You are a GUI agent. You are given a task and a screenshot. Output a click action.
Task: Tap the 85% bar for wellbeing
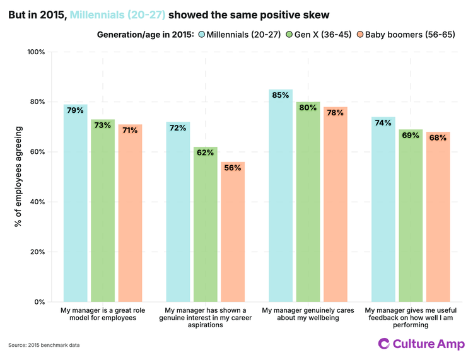tap(281, 195)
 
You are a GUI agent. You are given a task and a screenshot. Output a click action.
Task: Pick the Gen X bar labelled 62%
tap(206, 224)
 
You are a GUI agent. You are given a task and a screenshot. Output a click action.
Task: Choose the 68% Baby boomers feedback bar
tap(438, 217)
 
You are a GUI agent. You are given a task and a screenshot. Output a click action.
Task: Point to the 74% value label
tap(383, 123)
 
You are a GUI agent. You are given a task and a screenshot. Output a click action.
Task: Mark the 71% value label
tap(130, 131)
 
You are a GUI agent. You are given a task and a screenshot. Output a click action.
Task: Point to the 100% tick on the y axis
tap(36, 52)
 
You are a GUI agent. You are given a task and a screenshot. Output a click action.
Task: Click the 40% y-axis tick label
tap(37, 202)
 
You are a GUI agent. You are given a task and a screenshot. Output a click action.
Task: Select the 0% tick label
tap(39, 302)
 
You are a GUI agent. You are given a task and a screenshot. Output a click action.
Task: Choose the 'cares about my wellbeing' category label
tap(308, 314)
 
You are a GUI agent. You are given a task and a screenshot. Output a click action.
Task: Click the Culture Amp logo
tap(421, 344)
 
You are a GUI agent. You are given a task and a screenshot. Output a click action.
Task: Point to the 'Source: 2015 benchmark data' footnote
tap(44, 345)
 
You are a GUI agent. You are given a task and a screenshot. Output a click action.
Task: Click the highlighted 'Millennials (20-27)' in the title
tap(119, 14)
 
